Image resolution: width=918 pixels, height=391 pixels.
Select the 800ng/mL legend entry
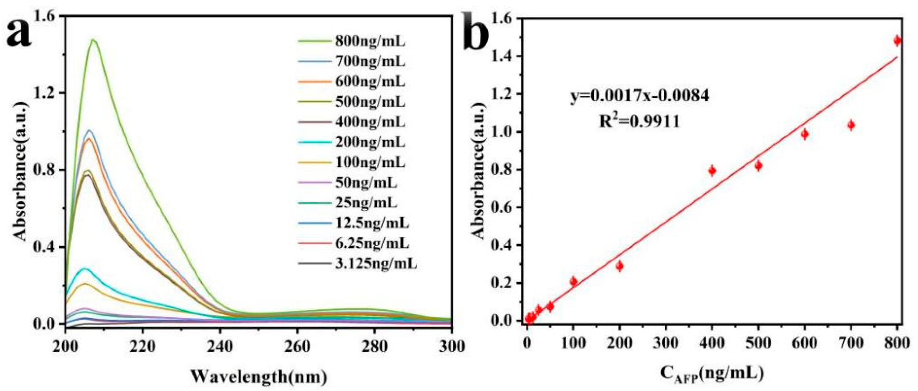pos(370,42)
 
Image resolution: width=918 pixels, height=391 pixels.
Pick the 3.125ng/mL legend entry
pos(375,264)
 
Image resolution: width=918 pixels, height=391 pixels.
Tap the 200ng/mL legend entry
pos(370,143)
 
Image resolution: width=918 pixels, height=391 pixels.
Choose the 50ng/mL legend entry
pos(366,183)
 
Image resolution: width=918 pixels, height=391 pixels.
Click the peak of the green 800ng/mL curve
pos(93,40)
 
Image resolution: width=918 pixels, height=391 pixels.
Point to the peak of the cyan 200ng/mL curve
pos(85,268)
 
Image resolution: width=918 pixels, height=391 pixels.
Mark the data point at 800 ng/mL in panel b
pos(897,51)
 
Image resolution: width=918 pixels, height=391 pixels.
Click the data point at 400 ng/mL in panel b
pos(712,171)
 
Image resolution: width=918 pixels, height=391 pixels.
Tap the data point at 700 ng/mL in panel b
pos(851,125)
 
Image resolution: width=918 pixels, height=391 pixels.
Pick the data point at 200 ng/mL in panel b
pos(619,266)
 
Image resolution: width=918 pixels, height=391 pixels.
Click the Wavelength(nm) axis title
pos(259,377)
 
